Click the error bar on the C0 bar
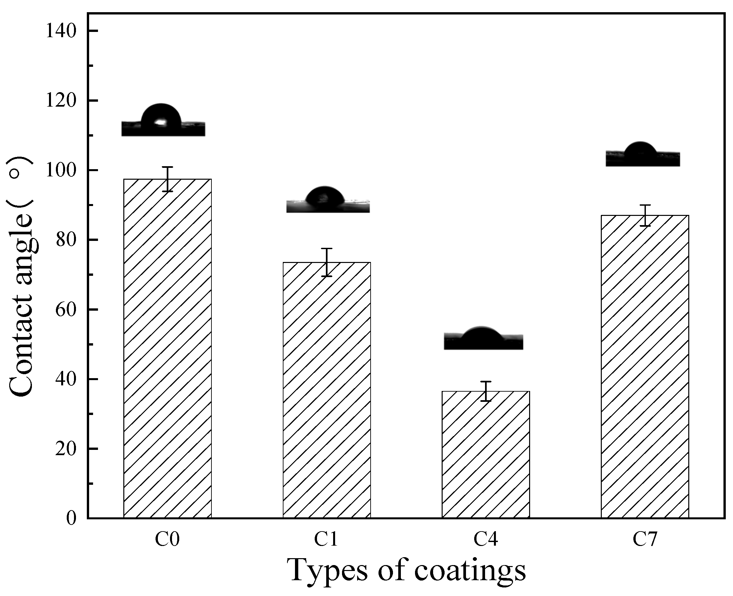point(167,179)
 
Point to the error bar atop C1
point(327,262)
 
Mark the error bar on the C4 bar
point(486,391)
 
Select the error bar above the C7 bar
point(645,216)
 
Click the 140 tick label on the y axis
point(61,31)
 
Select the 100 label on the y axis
point(61,170)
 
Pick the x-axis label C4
point(486,539)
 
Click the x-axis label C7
point(645,539)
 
